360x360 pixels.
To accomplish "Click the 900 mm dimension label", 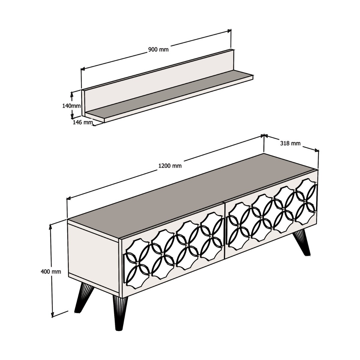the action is click(158, 49).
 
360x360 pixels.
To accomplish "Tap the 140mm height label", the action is click(71, 106).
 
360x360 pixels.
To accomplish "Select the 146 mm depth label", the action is click(83, 122).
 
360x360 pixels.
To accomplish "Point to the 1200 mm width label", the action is click(170, 166).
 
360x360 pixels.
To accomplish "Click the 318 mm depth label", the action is click(290, 143).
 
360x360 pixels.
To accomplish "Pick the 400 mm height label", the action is click(51, 271).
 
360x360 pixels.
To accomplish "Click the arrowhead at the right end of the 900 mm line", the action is click(229, 31).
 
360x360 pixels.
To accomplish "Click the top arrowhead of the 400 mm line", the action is click(50, 227).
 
